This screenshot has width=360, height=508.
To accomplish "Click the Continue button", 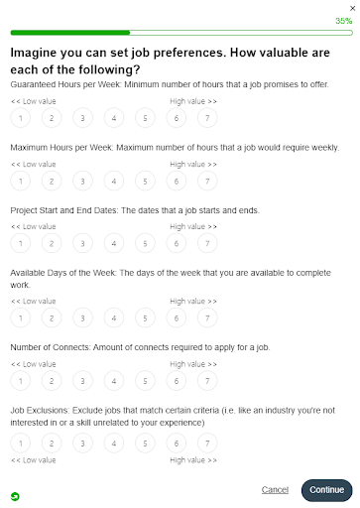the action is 326,489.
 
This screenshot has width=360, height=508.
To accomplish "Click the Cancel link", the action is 275,489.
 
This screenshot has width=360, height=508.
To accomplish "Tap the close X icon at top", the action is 351,7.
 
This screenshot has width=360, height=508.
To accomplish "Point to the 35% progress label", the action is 343,20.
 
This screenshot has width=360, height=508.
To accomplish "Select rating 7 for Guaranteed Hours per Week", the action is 206,119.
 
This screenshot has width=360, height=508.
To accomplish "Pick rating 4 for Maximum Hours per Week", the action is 114,182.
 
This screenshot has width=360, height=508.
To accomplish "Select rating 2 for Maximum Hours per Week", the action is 52,182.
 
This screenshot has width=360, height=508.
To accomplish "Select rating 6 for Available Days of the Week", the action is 176,317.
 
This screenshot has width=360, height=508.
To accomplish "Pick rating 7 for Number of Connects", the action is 206,380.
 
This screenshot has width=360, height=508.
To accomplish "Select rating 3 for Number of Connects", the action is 82,380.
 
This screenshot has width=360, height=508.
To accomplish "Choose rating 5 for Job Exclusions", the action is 145,443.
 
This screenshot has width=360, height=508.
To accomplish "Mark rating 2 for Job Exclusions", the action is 52,443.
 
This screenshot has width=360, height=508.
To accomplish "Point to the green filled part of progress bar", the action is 69,32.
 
